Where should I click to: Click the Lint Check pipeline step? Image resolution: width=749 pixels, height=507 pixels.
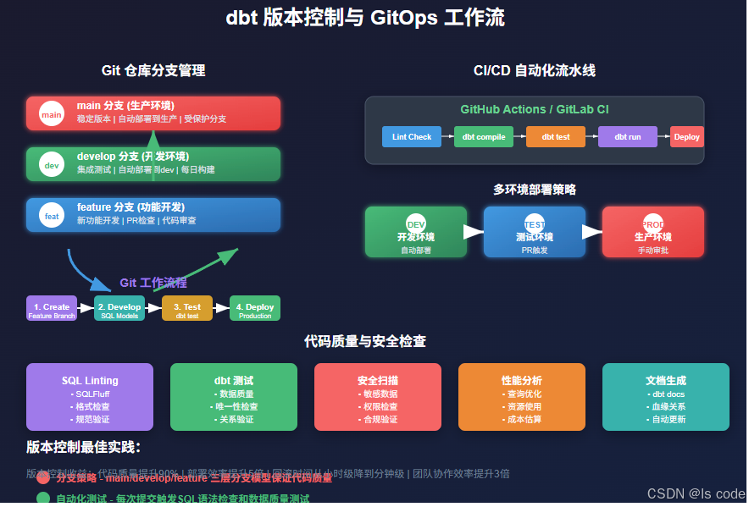click(x=412, y=136)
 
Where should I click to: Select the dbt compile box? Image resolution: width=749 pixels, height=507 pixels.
click(x=484, y=136)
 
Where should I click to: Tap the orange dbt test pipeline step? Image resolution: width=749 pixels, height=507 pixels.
click(x=556, y=136)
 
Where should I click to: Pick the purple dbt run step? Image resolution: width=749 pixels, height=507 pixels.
click(x=628, y=136)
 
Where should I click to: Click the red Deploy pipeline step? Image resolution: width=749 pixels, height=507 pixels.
click(x=686, y=136)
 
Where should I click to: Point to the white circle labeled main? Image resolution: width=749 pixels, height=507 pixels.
click(x=52, y=114)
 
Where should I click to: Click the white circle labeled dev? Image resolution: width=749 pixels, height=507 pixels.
click(x=52, y=165)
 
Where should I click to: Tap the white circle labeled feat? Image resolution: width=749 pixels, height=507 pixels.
click(x=52, y=216)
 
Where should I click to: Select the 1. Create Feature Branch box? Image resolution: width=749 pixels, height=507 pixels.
click(x=52, y=309)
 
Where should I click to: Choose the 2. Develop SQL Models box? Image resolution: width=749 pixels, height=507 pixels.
click(x=119, y=309)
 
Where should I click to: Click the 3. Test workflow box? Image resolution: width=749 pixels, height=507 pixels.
click(x=187, y=309)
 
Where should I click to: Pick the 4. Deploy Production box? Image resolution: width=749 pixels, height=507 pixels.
click(x=255, y=309)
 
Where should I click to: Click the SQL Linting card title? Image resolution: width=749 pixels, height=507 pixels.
click(x=90, y=381)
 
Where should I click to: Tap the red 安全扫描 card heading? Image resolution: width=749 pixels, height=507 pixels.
click(x=378, y=381)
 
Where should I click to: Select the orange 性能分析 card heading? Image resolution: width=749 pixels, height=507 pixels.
click(x=522, y=381)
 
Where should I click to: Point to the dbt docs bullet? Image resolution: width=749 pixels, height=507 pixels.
click(x=666, y=394)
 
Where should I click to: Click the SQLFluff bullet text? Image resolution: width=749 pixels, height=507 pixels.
click(x=90, y=394)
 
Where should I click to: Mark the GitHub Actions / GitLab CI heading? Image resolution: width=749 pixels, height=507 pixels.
click(x=534, y=109)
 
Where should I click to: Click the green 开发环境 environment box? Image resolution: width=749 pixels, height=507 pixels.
click(x=415, y=232)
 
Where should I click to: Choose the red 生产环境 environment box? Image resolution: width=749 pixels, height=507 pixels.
click(x=652, y=232)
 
